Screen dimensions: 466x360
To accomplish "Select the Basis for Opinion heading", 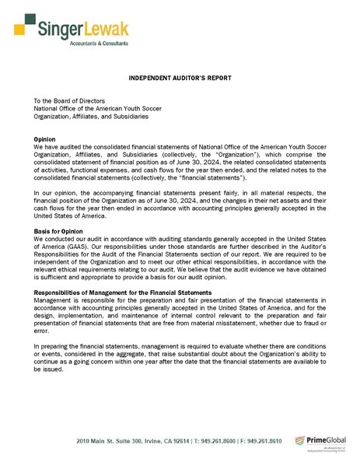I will click(x=59, y=231).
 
